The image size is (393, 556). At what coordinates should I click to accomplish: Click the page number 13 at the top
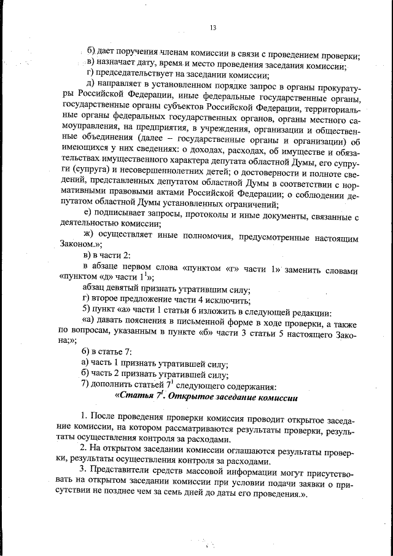pyautogui.click(x=212, y=28)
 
